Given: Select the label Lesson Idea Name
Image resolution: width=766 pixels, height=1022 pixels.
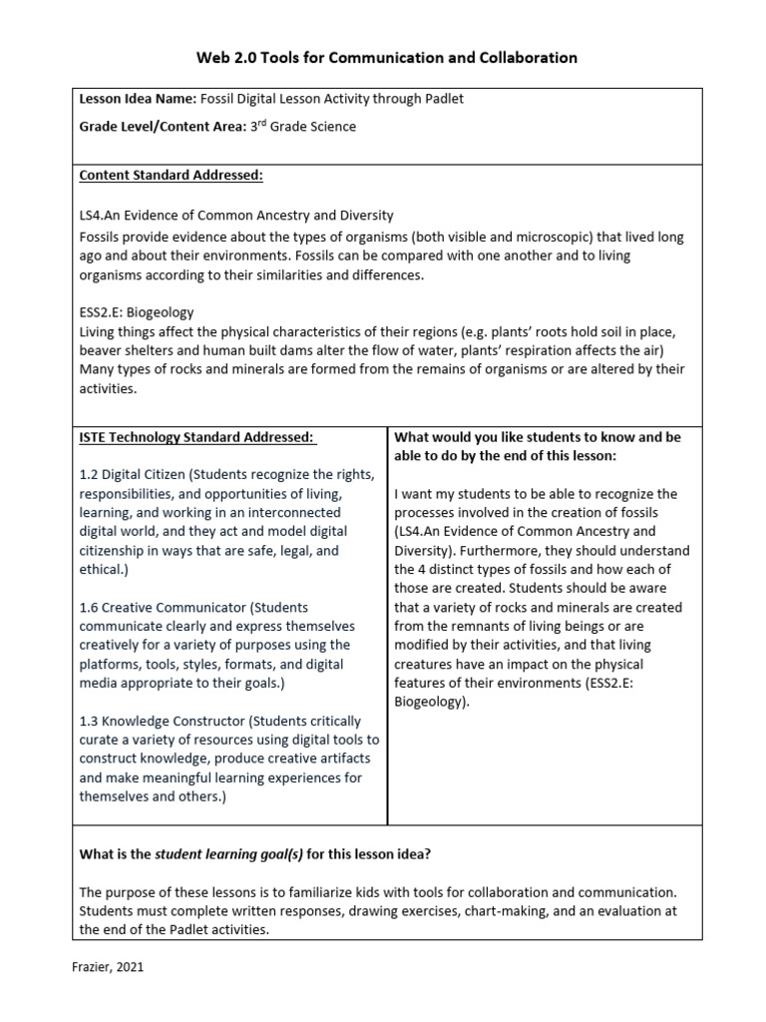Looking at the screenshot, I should (x=123, y=100).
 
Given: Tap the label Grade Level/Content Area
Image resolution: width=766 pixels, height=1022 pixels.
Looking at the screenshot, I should (x=159, y=127).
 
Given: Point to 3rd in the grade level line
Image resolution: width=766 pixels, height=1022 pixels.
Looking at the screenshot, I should (x=259, y=127).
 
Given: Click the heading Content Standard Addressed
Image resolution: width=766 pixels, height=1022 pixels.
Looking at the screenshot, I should (x=171, y=176).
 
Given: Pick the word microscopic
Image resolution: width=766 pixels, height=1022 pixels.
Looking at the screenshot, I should (x=520, y=237).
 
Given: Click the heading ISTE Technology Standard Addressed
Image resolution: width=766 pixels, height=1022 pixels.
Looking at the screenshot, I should (x=196, y=437).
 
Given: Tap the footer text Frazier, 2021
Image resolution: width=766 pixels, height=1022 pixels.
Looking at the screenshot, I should (x=115, y=967).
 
